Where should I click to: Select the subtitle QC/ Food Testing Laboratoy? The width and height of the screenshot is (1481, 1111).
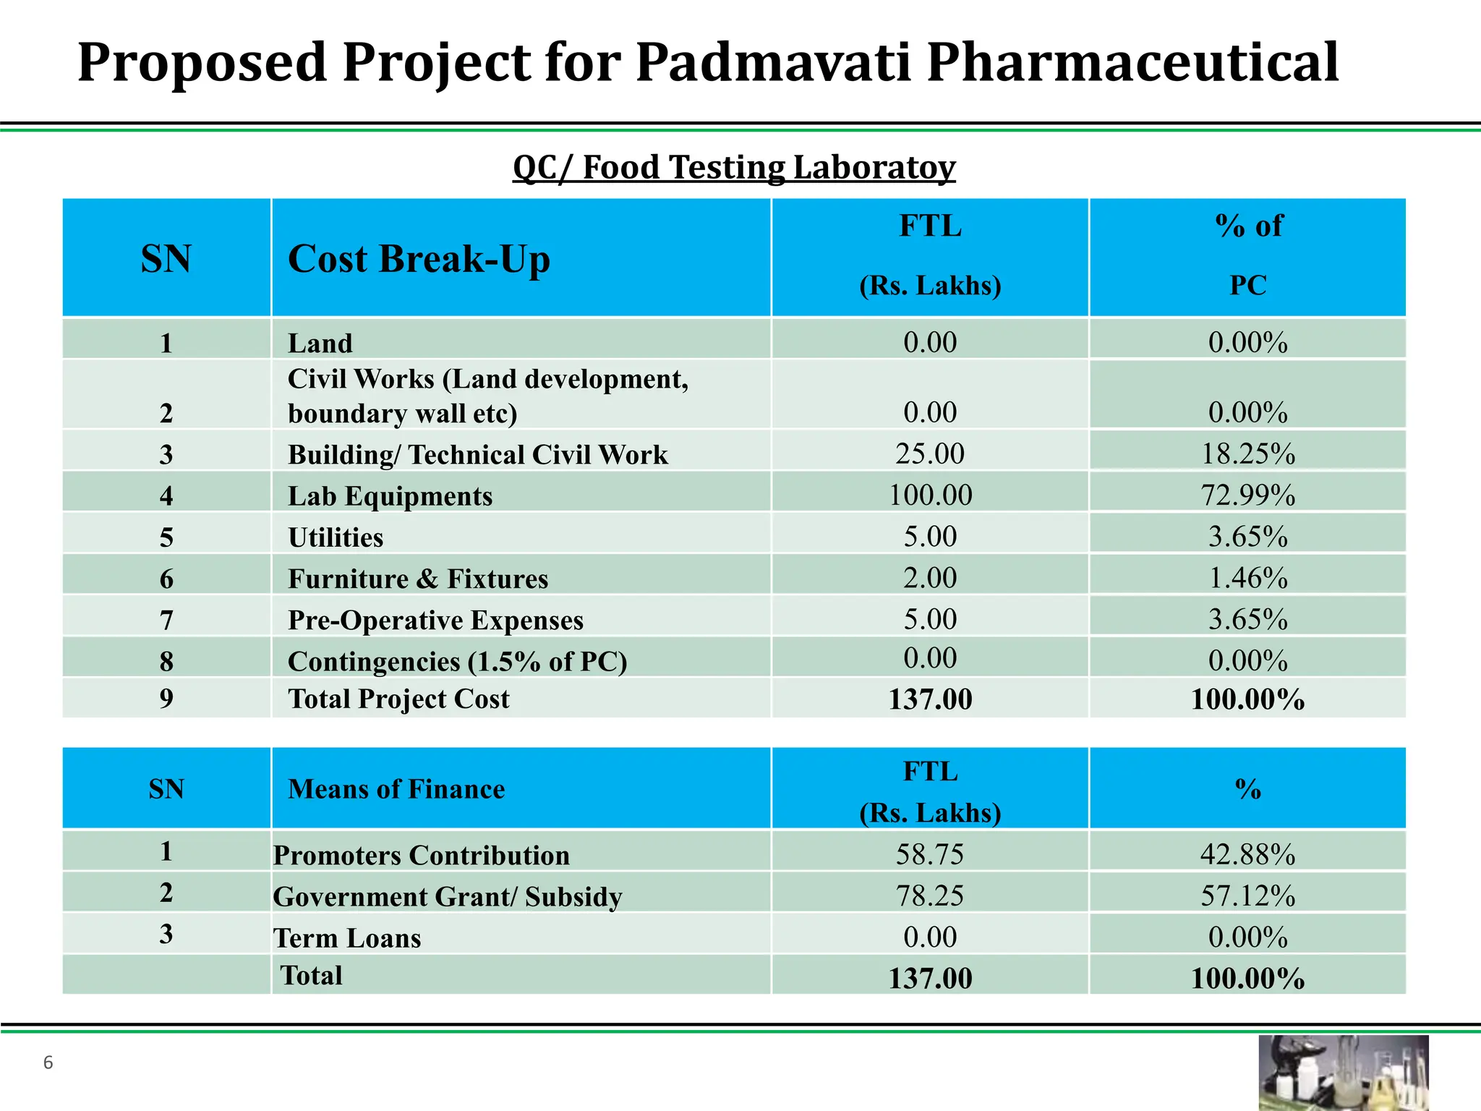[733, 167]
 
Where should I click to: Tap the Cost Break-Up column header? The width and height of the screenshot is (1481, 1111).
[419, 259]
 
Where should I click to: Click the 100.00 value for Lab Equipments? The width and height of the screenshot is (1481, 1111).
[930, 495]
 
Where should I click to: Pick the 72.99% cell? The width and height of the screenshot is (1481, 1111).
[1247, 495]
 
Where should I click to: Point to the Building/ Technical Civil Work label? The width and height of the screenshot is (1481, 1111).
[477, 455]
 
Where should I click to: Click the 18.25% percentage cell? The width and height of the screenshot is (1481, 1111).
[1247, 454]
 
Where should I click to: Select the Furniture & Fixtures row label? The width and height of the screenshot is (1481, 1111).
[418, 579]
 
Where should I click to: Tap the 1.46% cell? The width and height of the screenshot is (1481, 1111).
[1247, 579]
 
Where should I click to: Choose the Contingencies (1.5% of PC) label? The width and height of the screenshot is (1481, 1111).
[457, 661]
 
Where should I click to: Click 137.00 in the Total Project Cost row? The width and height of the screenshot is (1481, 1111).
[930, 699]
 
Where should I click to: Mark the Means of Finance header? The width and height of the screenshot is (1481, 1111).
[396, 789]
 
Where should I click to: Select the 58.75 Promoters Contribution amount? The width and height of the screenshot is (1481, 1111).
[930, 855]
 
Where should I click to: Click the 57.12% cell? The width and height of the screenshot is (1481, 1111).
[1247, 896]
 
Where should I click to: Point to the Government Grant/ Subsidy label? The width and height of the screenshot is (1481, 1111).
[447, 897]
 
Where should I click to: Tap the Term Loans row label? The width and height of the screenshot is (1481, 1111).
[347, 938]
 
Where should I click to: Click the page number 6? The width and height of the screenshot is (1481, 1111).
[48, 1063]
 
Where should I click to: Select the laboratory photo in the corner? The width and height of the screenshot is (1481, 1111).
[1343, 1073]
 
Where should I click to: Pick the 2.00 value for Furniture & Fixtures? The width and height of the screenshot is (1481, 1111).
[930, 579]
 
